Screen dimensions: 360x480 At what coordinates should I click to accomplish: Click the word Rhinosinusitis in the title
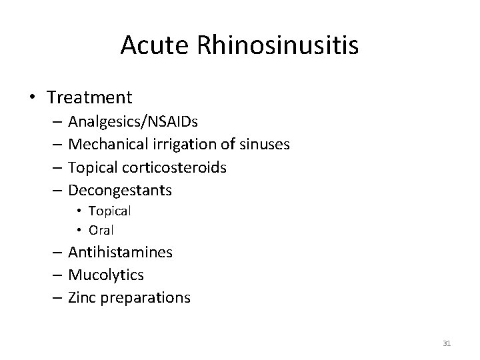pyautogui.click(x=277, y=45)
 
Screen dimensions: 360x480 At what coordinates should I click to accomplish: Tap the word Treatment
pyautogui.click(x=90, y=97)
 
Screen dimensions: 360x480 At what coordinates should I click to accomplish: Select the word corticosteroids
pyautogui.click(x=177, y=167)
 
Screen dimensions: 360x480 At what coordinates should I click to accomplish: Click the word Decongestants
pyautogui.click(x=120, y=190)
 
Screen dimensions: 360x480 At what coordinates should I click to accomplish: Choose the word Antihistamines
pyautogui.click(x=121, y=252)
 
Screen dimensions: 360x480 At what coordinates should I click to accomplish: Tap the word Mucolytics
pyautogui.click(x=106, y=275)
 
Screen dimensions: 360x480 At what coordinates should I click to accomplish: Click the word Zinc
pyautogui.click(x=82, y=297)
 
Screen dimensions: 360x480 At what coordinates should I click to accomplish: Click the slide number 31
pyautogui.click(x=447, y=343)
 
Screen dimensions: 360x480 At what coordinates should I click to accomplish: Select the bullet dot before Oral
pyautogui.click(x=78, y=230)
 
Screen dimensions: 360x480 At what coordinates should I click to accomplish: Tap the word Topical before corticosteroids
pyautogui.click(x=92, y=167)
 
